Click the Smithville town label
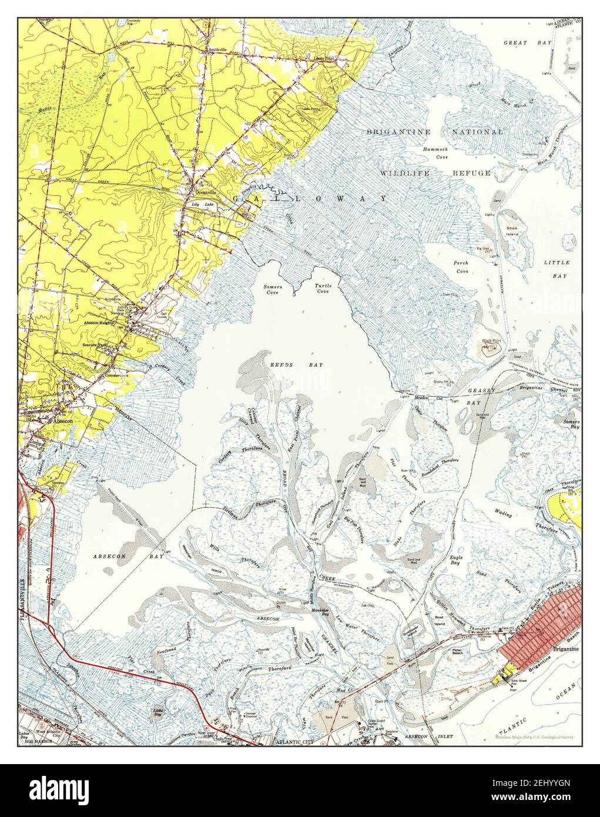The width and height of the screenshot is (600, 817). [218, 51]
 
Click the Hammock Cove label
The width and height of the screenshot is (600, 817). [435, 153]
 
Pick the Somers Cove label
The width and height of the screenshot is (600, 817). [271, 289]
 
